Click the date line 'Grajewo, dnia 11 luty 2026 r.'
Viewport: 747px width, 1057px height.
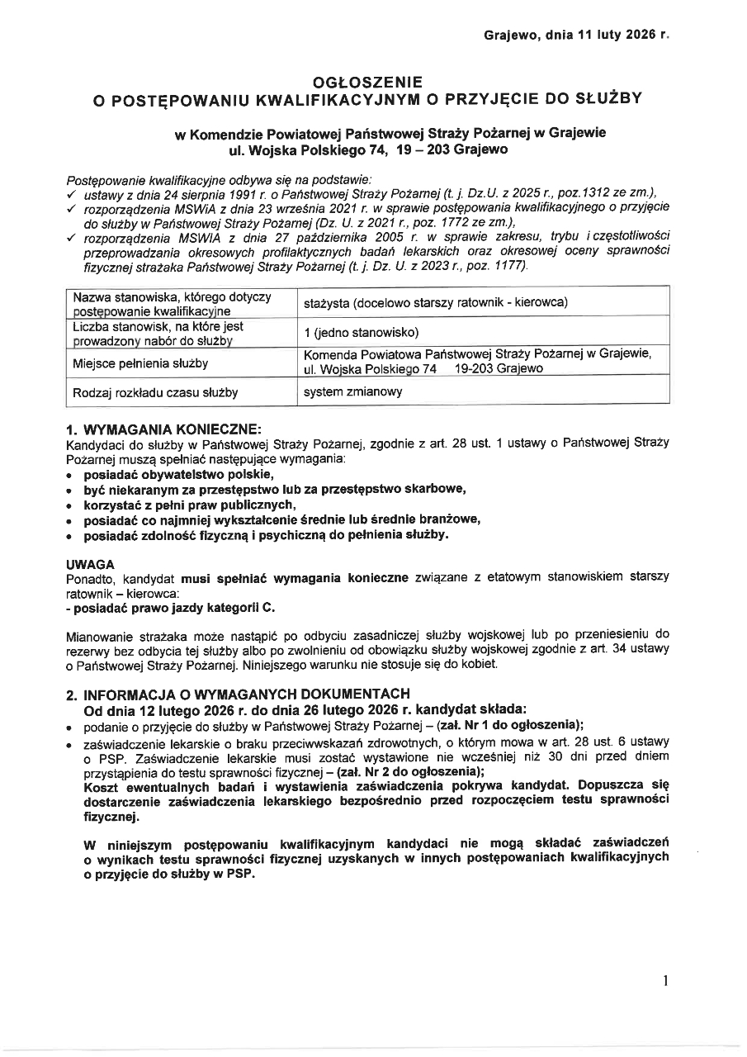pyautogui.click(x=577, y=36)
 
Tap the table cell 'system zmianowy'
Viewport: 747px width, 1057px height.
pyautogui.click(x=353, y=392)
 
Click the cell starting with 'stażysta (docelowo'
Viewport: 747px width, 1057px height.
pyautogui.click(x=436, y=302)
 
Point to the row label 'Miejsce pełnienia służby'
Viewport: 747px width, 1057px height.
pyautogui.click(x=140, y=363)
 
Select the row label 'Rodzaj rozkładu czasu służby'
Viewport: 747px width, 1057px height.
pyautogui.click(x=155, y=392)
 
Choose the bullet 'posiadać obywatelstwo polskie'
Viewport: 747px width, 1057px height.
pyautogui.click(x=178, y=474)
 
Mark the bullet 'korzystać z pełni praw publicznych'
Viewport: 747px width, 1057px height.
pyautogui.click(x=190, y=504)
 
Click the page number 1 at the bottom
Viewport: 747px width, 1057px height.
pyautogui.click(x=664, y=981)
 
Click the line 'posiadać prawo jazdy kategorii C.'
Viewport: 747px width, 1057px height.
pyautogui.click(x=171, y=607)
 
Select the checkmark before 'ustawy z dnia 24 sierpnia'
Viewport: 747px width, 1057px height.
pyautogui.click(x=71, y=192)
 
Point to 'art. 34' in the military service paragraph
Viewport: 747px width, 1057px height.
pyautogui.click(x=613, y=649)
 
